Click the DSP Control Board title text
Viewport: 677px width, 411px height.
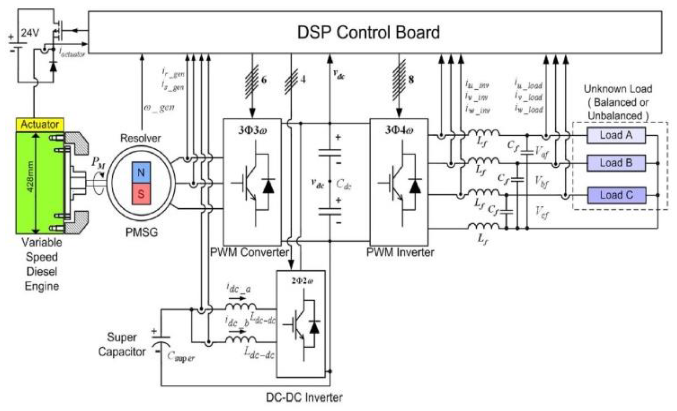coord(368,32)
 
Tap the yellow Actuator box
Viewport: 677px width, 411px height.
coord(40,124)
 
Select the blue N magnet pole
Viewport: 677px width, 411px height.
coord(141,172)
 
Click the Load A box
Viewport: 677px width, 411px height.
coord(616,135)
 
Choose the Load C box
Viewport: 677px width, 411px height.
coord(617,195)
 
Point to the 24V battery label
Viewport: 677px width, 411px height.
coord(30,33)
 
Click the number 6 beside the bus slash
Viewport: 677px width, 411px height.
coord(263,80)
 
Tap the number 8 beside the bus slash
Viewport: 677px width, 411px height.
coord(411,80)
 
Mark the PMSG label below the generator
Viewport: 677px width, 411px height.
coord(142,232)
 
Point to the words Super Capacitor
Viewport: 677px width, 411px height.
coord(122,344)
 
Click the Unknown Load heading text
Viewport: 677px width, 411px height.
coord(618,89)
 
